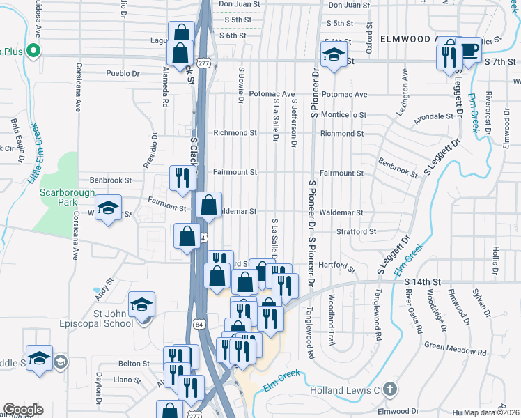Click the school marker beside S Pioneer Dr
point(334,56)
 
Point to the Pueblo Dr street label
point(123,73)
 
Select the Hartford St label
point(337,266)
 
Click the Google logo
point(23,410)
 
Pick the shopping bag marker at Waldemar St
point(209,205)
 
